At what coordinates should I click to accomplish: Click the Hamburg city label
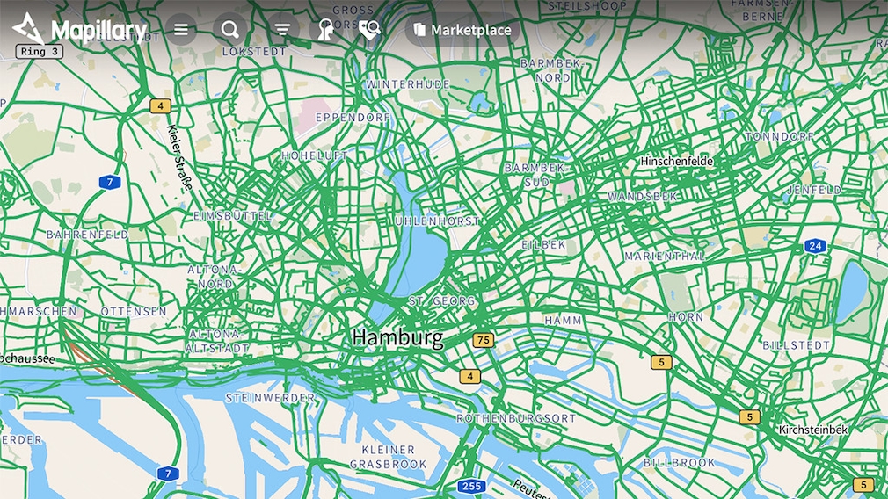point(397,336)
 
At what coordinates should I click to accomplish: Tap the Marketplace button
point(462,30)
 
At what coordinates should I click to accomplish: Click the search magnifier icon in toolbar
point(229,30)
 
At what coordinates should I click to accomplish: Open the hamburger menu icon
point(181,30)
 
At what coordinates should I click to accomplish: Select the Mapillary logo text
point(98,31)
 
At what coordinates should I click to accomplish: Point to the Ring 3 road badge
point(39,51)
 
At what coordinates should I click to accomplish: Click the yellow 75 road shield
point(483,340)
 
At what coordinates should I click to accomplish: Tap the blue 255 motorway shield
point(471,486)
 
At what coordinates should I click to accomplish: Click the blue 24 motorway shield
point(816,246)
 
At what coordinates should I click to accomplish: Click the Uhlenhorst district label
point(438,221)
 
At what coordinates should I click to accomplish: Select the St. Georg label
point(442,301)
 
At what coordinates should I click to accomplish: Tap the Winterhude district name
point(408,84)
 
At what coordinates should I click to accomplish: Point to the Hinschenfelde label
point(676,162)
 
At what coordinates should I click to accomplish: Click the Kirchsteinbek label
point(813,430)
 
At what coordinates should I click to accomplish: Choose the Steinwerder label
point(271,398)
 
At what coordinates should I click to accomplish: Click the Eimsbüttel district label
point(233,215)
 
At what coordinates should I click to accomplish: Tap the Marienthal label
point(665,256)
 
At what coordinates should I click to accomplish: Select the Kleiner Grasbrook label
point(388,457)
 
